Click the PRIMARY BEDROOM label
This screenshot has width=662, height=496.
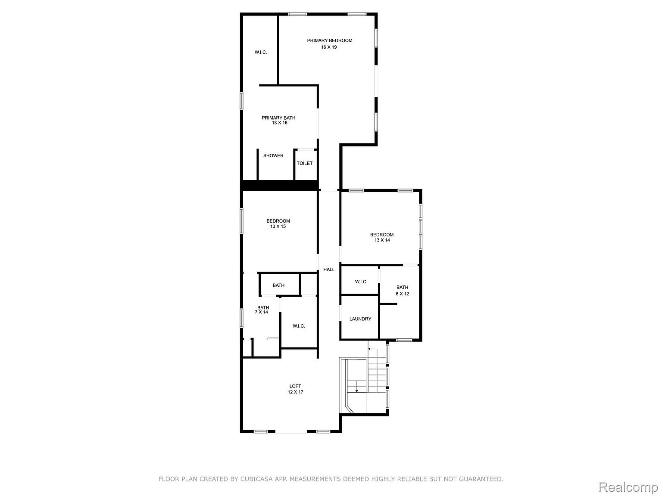coord(330,40)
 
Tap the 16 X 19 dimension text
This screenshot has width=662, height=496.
coord(329,47)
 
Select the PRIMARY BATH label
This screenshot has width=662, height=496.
coord(278,118)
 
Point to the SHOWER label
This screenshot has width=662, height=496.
coord(273,155)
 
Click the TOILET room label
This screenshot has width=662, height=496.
coord(305,163)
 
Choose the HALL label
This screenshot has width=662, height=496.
coord(329,270)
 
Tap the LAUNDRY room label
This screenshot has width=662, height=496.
coord(360,319)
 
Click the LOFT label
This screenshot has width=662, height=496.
coord(295,386)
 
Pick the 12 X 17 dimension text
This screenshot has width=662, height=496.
coord(295,392)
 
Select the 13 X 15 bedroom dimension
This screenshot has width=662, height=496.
coord(278,226)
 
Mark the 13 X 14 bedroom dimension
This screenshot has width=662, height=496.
coord(382,240)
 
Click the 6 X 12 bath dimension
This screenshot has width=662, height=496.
coord(402,294)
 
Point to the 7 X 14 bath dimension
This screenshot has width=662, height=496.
coord(261,312)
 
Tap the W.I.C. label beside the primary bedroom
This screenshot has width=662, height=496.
coord(261,52)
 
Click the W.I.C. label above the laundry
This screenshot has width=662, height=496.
coord(361,282)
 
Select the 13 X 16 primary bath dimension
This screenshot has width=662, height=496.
coord(280,123)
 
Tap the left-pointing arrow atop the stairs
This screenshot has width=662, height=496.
coord(372,349)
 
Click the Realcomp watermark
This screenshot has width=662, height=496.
coord(628,487)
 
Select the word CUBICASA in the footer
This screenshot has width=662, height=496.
coord(254,478)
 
